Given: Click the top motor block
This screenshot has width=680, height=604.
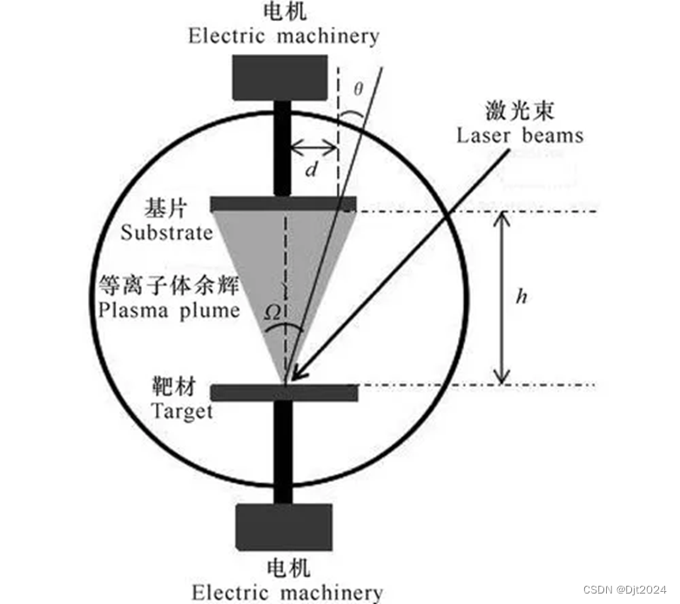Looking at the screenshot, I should [279, 77].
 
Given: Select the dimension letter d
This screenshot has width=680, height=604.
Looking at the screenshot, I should [311, 170].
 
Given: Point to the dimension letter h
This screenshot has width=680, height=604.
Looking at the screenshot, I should [522, 297].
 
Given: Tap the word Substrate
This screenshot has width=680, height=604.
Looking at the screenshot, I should [167, 232].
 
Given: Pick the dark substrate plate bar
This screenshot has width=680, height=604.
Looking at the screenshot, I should [284, 205].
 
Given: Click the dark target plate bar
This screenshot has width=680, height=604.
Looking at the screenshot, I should [284, 393].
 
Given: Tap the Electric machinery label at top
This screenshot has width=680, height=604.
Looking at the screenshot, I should [285, 36].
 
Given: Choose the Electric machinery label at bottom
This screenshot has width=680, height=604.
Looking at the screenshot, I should [286, 593].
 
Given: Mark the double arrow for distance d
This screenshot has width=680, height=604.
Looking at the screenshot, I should [313, 145].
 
